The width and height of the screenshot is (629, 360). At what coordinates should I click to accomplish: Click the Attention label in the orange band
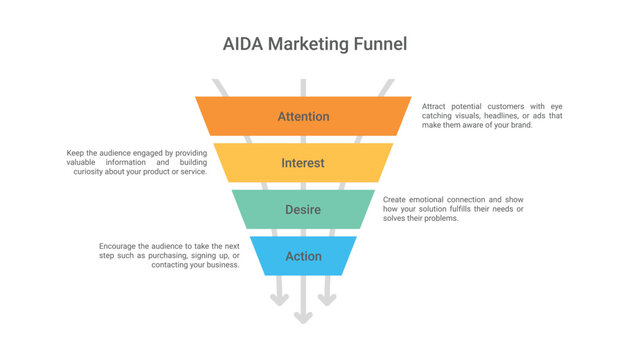click(x=303, y=117)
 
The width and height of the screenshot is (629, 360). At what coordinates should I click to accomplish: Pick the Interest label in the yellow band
click(x=303, y=163)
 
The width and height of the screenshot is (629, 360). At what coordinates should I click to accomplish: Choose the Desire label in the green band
click(x=303, y=209)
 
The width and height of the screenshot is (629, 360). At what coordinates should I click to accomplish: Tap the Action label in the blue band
click(x=303, y=256)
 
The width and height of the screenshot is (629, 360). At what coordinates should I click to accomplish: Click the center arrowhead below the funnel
click(x=303, y=318)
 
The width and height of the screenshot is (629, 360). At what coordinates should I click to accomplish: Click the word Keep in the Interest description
click(x=75, y=153)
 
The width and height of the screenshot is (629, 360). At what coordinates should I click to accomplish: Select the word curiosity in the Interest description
click(x=89, y=172)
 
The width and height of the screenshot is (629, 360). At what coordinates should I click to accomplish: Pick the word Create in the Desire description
click(x=396, y=199)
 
